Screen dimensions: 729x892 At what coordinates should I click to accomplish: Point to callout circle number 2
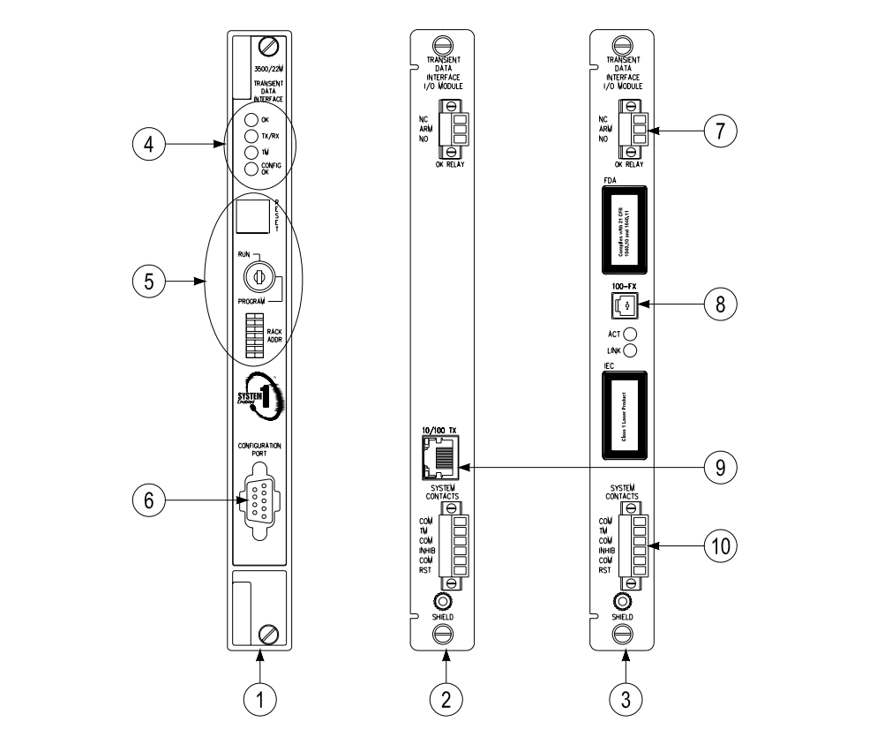[x=446, y=698]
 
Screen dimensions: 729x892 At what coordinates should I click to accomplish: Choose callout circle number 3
[x=626, y=698]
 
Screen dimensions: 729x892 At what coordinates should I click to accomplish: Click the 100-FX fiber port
[x=624, y=305]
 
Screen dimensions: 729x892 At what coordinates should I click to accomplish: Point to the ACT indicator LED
[x=631, y=334]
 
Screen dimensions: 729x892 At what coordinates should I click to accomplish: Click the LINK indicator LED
[x=631, y=350]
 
